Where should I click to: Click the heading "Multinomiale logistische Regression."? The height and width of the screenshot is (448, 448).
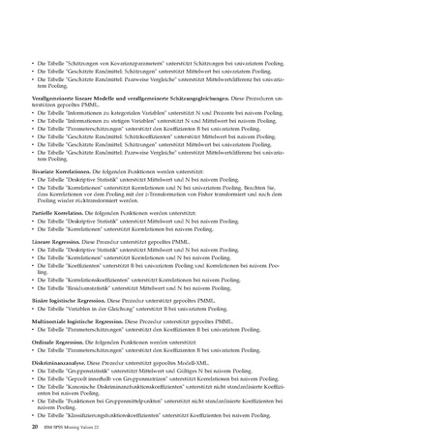click(80, 319)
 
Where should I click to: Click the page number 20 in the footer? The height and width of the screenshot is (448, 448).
click(36, 426)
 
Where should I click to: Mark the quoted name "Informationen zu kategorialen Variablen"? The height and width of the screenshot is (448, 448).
click(114, 112)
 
